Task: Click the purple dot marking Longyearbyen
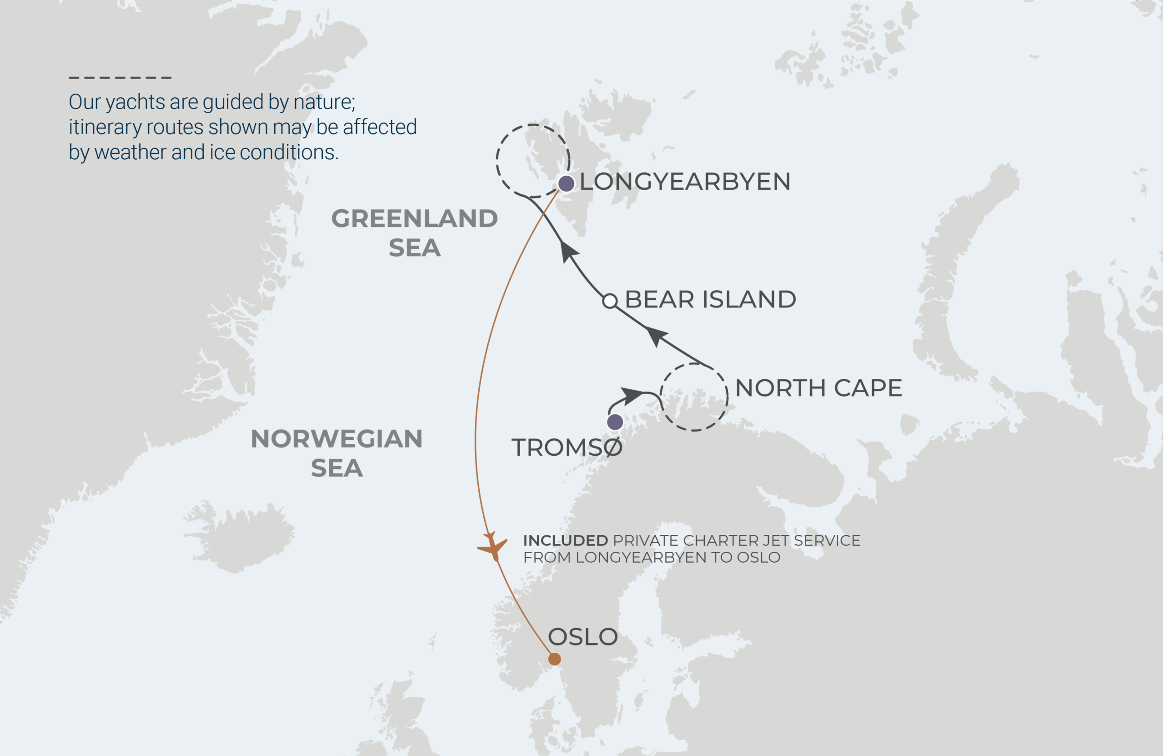567,183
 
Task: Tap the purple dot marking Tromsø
615,422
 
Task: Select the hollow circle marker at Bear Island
609,301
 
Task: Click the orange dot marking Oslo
554,659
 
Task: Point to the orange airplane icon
493,546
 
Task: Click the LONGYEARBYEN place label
685,181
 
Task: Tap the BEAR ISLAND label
710,299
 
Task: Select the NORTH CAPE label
818,388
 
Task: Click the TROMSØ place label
567,448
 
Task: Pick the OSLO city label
582,637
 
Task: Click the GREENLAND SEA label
414,233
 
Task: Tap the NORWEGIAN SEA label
336,453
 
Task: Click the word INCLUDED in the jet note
565,541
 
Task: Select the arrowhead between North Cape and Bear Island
656,336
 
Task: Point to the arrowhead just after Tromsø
632,395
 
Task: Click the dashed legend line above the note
120,77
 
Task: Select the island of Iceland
240,536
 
